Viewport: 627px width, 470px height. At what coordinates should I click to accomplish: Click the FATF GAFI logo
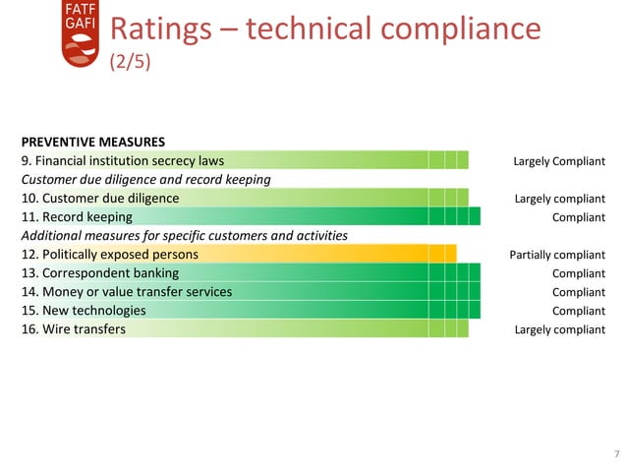click(x=81, y=34)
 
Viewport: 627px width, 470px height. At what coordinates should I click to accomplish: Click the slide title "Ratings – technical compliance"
click(x=324, y=29)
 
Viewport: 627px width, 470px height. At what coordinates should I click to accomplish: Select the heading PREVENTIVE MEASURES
click(x=92, y=142)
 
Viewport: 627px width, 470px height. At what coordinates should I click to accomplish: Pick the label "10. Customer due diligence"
click(x=100, y=198)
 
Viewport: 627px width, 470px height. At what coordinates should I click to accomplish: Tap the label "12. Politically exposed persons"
click(x=110, y=254)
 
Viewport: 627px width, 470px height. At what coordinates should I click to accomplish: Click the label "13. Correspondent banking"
click(x=100, y=272)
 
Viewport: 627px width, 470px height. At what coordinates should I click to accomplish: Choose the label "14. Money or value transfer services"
click(x=127, y=291)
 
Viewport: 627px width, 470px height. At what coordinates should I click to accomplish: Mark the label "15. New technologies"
click(x=84, y=310)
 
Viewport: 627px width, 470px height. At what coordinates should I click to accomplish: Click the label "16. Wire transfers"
click(x=74, y=328)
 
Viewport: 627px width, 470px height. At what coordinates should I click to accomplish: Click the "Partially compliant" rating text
click(x=557, y=255)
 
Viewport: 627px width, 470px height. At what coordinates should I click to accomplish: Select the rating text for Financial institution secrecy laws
click(x=559, y=161)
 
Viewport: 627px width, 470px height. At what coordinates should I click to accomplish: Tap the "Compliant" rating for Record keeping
click(x=578, y=217)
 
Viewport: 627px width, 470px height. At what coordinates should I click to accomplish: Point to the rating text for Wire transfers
click(x=559, y=329)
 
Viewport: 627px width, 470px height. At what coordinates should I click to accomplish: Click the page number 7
click(x=615, y=454)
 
